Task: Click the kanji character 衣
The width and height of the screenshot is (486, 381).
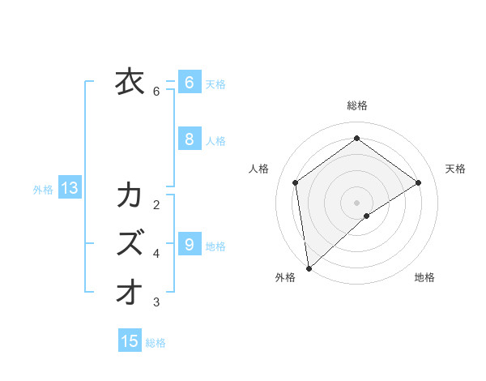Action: click(x=130, y=82)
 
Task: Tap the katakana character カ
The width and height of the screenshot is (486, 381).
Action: click(x=130, y=195)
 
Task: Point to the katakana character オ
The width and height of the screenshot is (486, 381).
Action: click(x=130, y=291)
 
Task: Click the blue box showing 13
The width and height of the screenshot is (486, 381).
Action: click(x=70, y=189)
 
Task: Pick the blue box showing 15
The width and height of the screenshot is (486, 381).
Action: click(x=130, y=341)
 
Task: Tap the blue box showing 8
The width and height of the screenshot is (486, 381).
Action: click(x=189, y=139)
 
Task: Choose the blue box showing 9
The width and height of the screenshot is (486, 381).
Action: click(x=189, y=244)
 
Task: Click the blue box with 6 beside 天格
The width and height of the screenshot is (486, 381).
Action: click(x=189, y=82)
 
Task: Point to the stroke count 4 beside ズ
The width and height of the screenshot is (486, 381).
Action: click(x=156, y=254)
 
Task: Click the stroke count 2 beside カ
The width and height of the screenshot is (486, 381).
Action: click(x=156, y=204)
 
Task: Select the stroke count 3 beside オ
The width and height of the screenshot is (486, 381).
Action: click(x=156, y=302)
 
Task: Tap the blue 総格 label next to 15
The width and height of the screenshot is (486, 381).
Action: click(x=156, y=343)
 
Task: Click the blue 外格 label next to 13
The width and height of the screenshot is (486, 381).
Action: click(x=43, y=190)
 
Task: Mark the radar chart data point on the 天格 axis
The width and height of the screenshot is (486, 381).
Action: click(x=419, y=182)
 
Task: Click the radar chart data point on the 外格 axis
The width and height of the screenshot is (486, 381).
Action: click(x=308, y=268)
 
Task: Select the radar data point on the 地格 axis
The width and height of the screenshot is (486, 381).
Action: click(x=367, y=215)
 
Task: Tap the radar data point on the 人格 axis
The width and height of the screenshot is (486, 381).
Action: click(x=296, y=182)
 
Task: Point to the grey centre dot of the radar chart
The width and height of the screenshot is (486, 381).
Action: click(x=356, y=202)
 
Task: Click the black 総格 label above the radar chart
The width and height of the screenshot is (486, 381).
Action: click(x=357, y=105)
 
